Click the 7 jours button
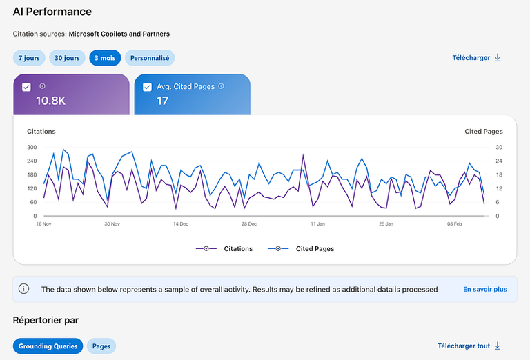(29, 58)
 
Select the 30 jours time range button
(67, 58)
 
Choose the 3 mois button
(105, 58)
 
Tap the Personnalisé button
(150, 58)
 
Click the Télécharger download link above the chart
(476, 58)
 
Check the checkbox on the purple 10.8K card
(26, 87)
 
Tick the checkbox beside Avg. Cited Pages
(147, 87)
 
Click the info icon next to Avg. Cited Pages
(221, 86)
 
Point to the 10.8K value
(50, 101)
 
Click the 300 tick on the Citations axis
(32, 148)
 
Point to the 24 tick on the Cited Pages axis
(499, 161)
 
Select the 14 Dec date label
(181, 224)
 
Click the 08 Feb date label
(454, 224)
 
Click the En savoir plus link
(485, 290)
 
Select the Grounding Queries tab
(48, 346)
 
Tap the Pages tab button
(101, 346)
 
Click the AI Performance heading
(52, 12)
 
